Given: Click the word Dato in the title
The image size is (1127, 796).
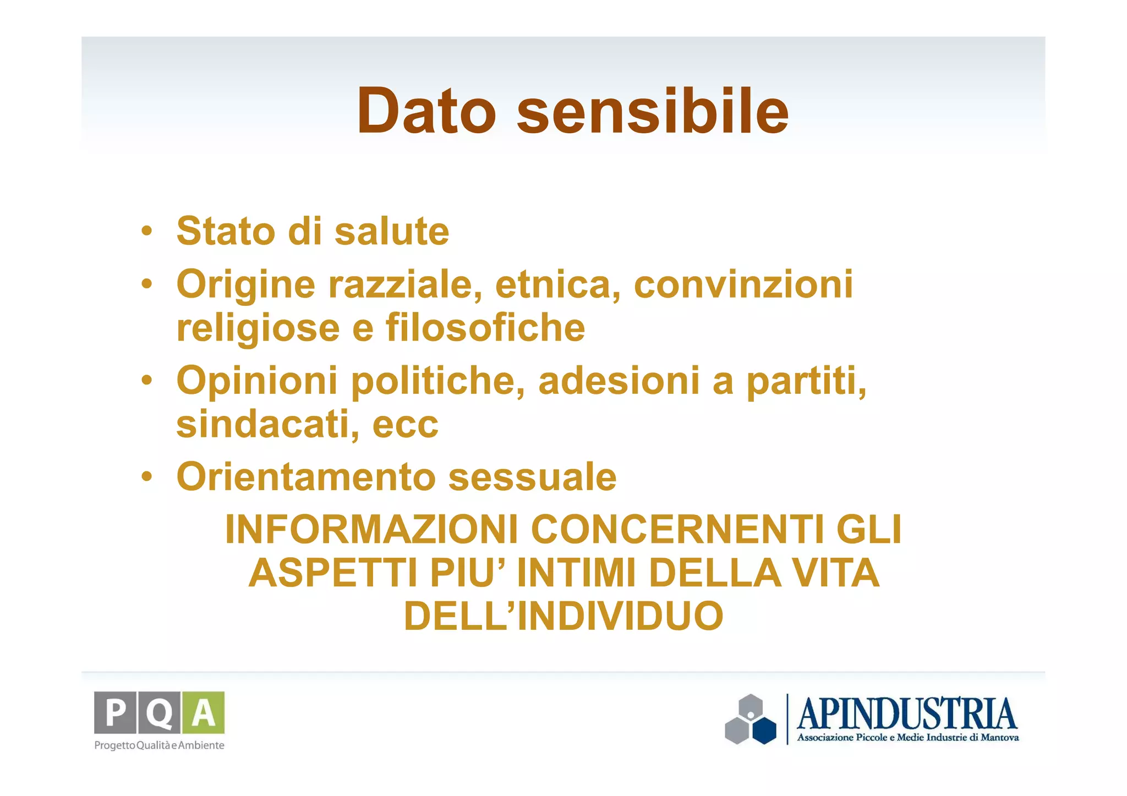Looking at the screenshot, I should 426,112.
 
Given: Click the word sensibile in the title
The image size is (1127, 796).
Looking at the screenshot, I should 653,112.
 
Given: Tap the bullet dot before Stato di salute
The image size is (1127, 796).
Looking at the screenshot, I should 146,231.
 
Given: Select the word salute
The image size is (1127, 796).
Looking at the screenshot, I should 392,231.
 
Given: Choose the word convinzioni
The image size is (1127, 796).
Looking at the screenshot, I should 743,285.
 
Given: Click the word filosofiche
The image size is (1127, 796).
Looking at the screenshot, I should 485,328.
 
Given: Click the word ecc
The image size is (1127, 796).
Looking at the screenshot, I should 406,425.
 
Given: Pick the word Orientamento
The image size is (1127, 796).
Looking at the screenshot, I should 306,477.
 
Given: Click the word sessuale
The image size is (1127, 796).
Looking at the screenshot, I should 532,477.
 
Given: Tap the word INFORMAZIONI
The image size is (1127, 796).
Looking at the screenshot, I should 371,530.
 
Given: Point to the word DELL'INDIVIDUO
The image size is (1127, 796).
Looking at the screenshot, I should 563,616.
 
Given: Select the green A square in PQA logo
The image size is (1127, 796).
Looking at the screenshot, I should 204,712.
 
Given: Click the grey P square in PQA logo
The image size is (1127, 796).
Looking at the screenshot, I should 115,712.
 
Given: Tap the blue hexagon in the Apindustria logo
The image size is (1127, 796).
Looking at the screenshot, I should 764,730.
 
